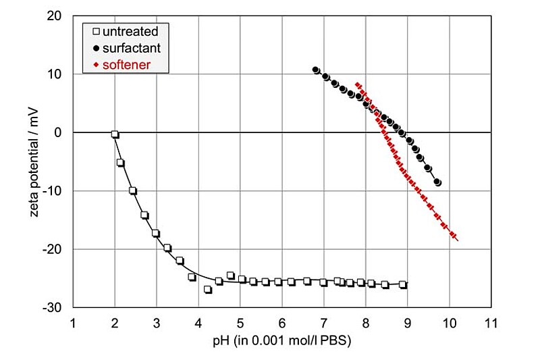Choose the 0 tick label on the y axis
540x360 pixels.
pos(59,132)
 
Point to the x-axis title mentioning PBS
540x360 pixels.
pos(282,341)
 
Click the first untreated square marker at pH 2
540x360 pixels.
pos(115,134)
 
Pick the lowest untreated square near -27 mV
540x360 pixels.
pos(208,290)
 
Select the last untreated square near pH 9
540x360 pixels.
pos(403,284)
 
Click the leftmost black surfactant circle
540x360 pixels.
pos(316,70)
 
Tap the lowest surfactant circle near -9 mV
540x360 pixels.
pos(437,182)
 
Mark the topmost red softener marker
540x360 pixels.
pos(357,84)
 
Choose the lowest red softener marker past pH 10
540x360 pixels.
pos(454,236)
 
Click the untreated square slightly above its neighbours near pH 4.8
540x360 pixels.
pos(230,276)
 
